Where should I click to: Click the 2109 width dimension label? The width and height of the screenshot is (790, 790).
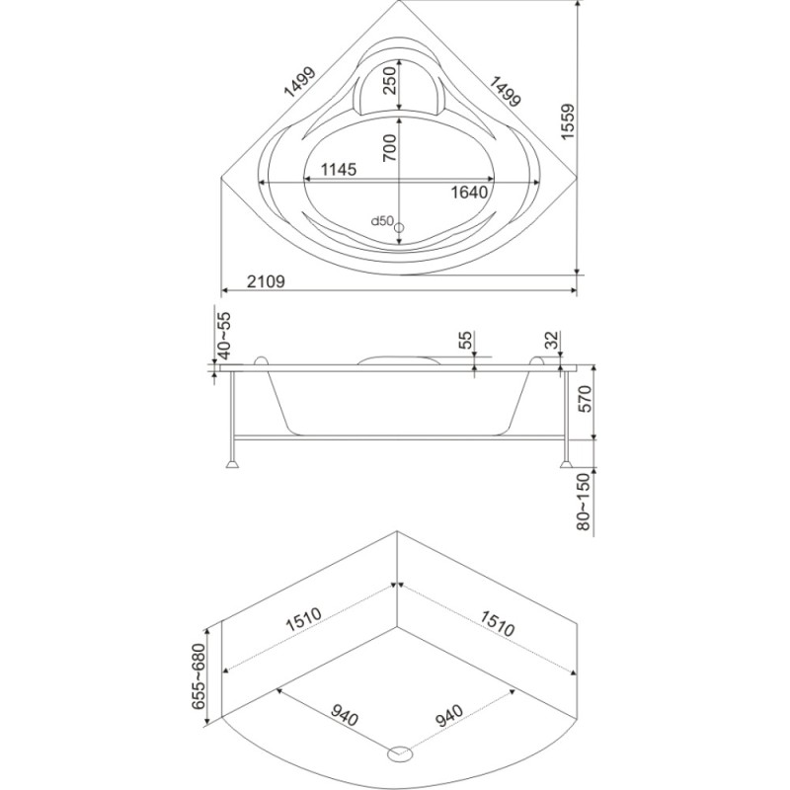tap(266, 281)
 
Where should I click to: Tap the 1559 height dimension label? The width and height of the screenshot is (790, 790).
tap(568, 121)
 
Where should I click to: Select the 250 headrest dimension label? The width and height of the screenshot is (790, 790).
tap(390, 82)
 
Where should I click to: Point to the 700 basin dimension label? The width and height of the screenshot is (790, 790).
tap(390, 147)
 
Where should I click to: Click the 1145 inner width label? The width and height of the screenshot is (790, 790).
tap(339, 169)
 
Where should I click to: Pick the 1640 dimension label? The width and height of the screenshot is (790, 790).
tap(469, 192)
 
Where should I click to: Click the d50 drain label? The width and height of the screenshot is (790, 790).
tap(382, 220)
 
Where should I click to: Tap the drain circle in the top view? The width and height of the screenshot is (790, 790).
tap(399, 228)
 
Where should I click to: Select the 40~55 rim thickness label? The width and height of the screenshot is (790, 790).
tap(224, 335)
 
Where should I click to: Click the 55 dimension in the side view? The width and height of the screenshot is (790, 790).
tap(466, 340)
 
